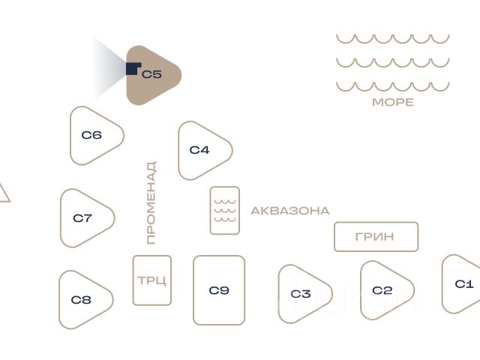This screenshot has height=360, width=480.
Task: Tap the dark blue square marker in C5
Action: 133,69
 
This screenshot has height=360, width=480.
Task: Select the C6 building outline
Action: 93,136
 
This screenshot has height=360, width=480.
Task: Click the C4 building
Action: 201,150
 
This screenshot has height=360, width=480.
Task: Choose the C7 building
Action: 84,218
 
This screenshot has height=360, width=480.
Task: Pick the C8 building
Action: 82,300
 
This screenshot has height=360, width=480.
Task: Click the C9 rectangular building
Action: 219,290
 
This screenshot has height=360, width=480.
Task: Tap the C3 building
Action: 302,293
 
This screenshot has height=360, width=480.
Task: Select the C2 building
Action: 384,290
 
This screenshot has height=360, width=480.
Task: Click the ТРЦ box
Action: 152,280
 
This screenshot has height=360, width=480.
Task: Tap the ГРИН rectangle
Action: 376,237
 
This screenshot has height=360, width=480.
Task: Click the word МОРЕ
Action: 393,102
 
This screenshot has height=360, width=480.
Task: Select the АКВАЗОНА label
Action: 289,211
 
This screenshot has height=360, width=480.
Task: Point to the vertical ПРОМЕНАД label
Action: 151,202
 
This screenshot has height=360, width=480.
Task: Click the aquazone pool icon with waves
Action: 224,210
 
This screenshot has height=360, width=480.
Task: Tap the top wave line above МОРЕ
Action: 392,38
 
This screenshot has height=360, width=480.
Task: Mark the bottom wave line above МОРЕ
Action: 392,86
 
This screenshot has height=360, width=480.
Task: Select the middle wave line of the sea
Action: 392,62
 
